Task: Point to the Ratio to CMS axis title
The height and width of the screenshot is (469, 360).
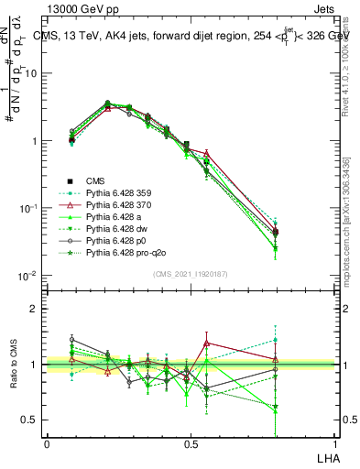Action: [x=14, y=365]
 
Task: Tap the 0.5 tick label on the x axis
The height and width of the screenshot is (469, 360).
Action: [x=190, y=442]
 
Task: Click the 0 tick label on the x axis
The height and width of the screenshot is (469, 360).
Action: [x=47, y=442]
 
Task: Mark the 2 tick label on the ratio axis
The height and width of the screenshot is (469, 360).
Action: [x=34, y=309]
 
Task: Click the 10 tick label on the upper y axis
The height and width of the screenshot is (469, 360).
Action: [x=30, y=73]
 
